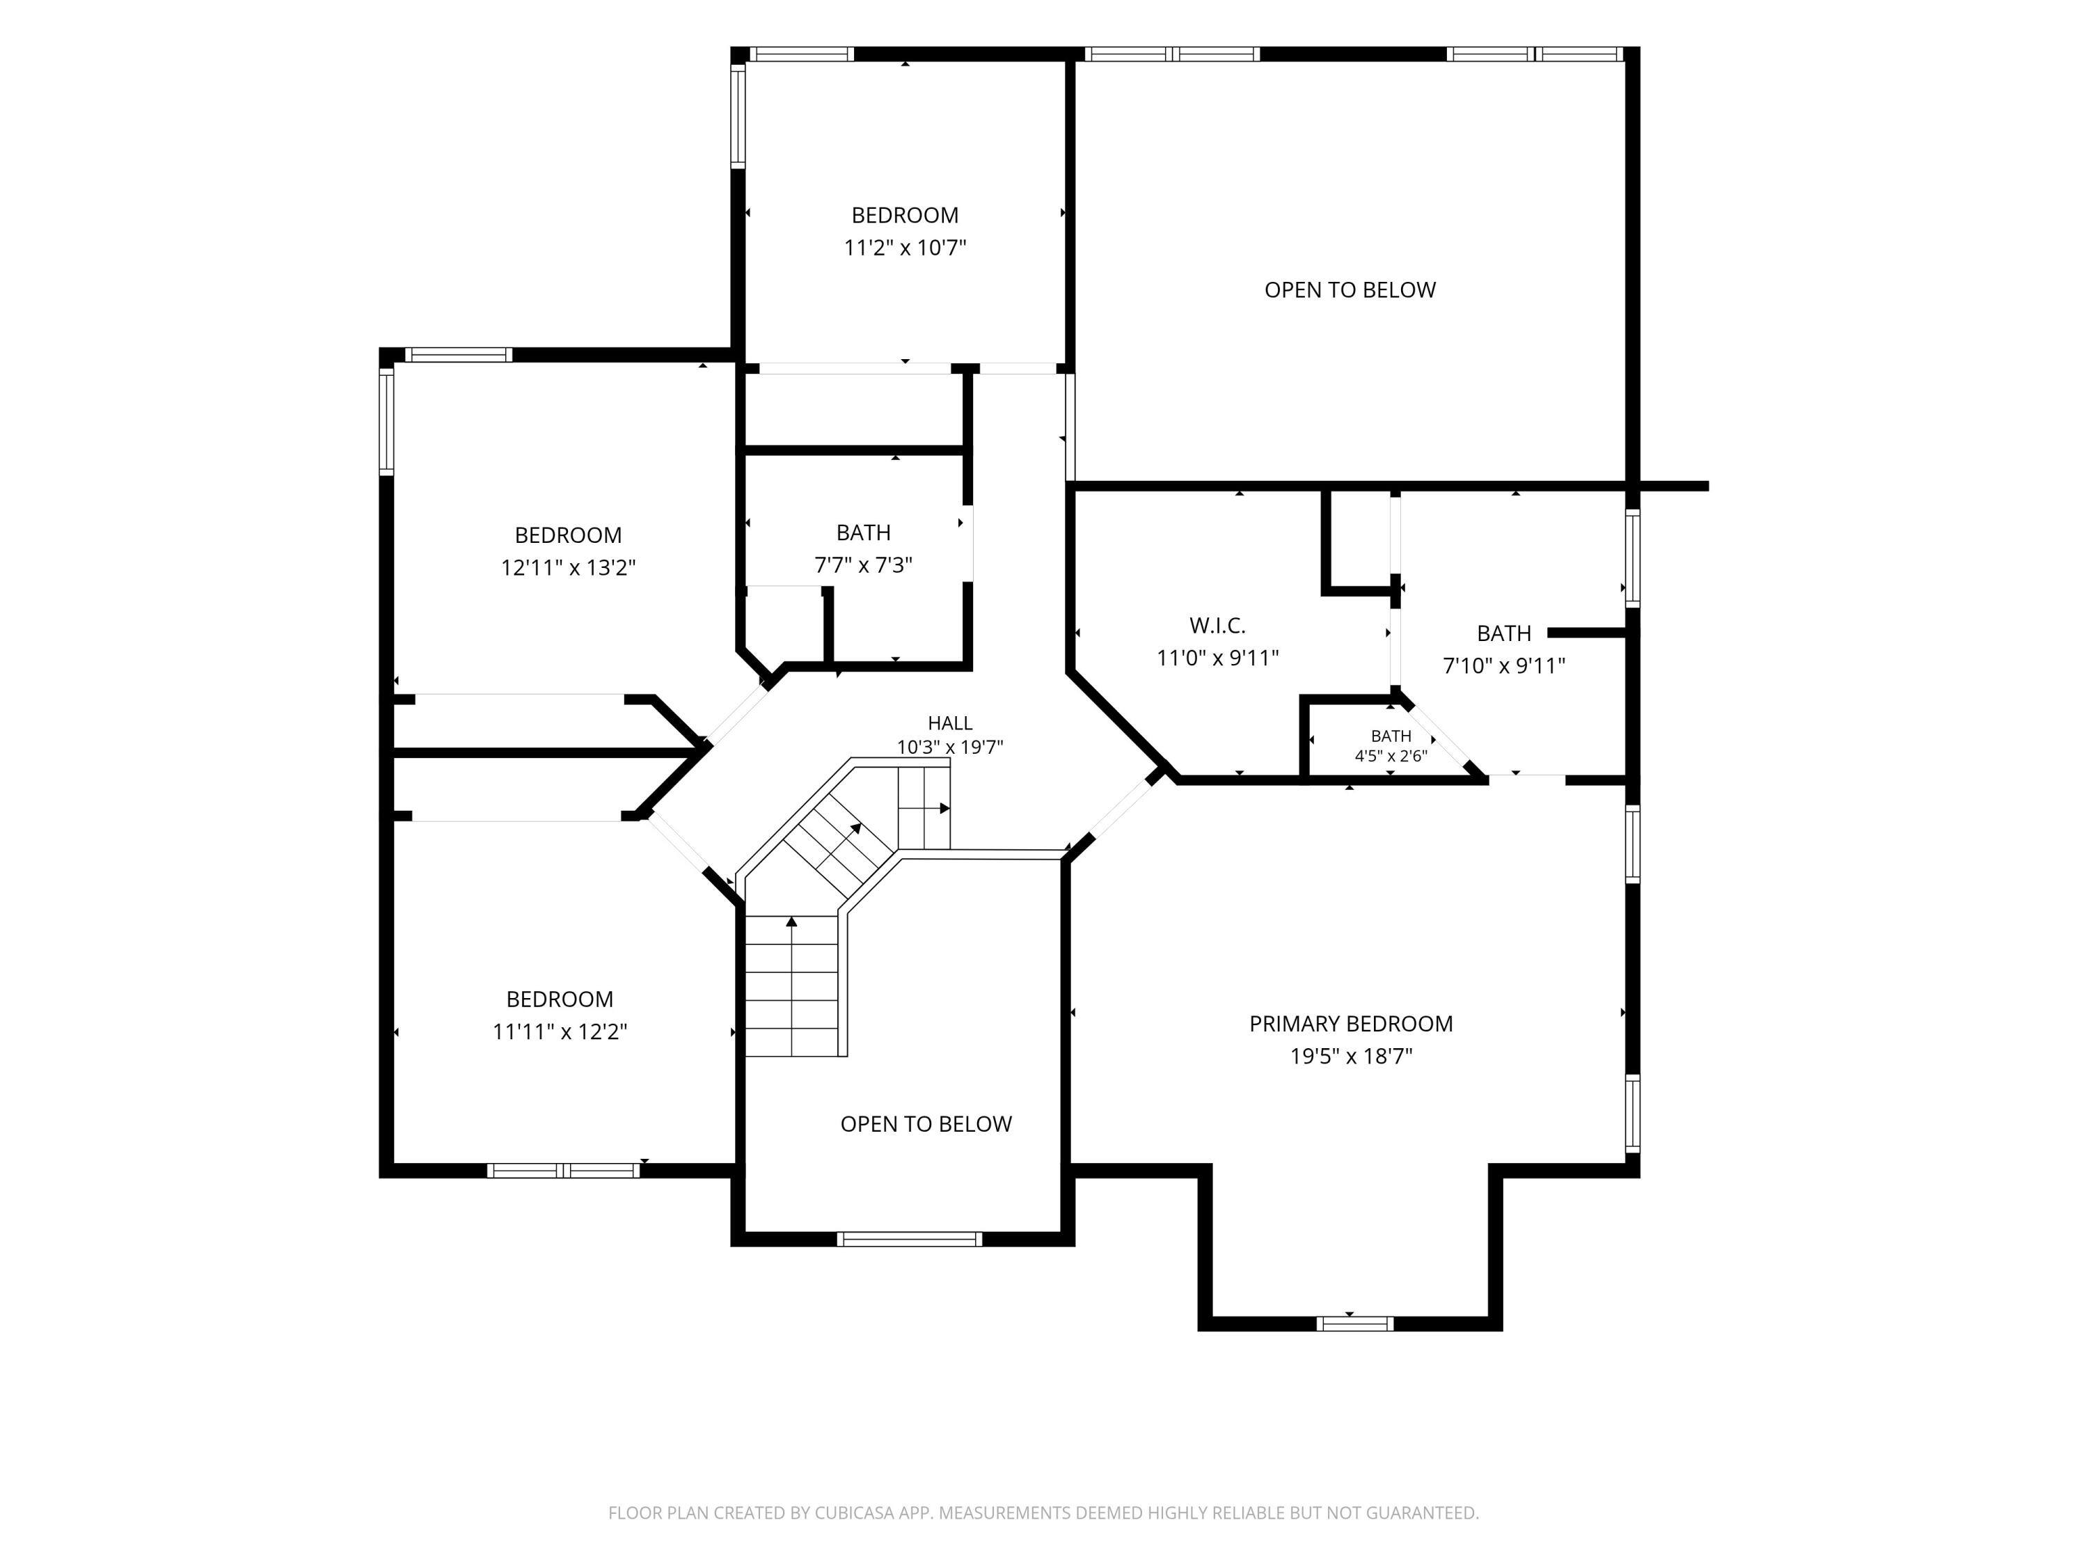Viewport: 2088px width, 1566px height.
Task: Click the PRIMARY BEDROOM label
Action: point(1351,1025)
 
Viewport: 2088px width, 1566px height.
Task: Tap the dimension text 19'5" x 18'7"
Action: point(1351,1057)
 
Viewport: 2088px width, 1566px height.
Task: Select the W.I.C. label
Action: point(1218,626)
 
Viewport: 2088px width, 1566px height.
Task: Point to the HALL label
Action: point(949,723)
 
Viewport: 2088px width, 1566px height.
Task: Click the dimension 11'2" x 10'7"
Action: point(905,247)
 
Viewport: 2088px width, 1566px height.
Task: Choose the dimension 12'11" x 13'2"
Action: point(568,567)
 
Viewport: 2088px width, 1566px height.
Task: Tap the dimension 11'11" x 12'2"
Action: point(560,1031)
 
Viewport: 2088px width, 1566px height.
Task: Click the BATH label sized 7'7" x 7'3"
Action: point(864,532)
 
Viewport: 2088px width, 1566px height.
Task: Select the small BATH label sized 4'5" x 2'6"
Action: point(1391,736)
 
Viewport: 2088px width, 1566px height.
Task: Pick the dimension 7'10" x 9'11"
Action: point(1503,665)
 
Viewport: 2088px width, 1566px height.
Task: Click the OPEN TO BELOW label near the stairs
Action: point(926,1124)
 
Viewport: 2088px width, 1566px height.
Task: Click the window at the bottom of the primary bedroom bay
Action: point(1354,1324)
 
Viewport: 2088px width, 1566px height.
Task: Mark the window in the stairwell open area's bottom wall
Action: point(910,1240)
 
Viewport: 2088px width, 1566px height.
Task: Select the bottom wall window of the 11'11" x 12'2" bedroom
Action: point(564,1171)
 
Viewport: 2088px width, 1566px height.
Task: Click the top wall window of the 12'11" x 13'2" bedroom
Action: point(459,355)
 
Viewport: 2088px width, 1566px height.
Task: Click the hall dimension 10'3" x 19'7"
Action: point(949,748)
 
